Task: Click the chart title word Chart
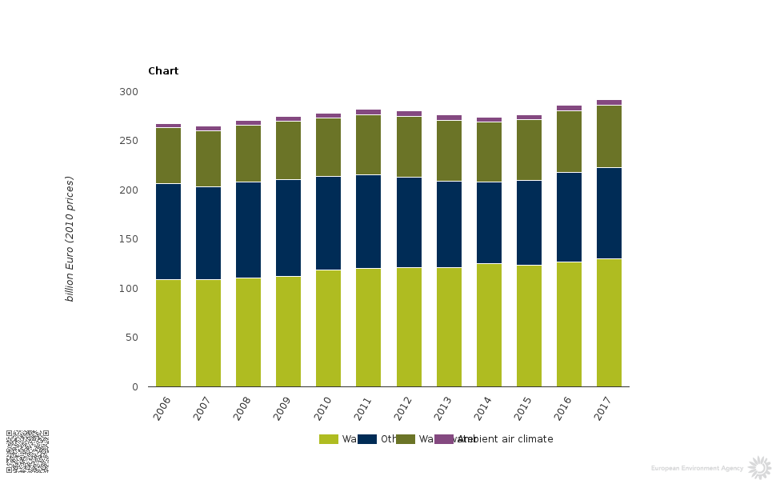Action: [163, 71]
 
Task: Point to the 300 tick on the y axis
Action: [129, 92]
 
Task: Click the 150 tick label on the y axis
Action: [129, 239]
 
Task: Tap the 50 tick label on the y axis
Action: [131, 338]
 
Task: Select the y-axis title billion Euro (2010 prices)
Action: [70, 238]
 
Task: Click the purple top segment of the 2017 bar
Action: [609, 102]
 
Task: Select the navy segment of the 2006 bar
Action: [168, 231]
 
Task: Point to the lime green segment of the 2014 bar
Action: [489, 325]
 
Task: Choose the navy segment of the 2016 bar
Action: [569, 217]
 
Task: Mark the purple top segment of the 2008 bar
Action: [248, 122]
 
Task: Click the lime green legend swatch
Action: [329, 439]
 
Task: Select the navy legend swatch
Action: [367, 439]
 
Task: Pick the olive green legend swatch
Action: [406, 439]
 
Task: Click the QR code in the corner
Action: [28, 451]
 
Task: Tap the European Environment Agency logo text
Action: [697, 468]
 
